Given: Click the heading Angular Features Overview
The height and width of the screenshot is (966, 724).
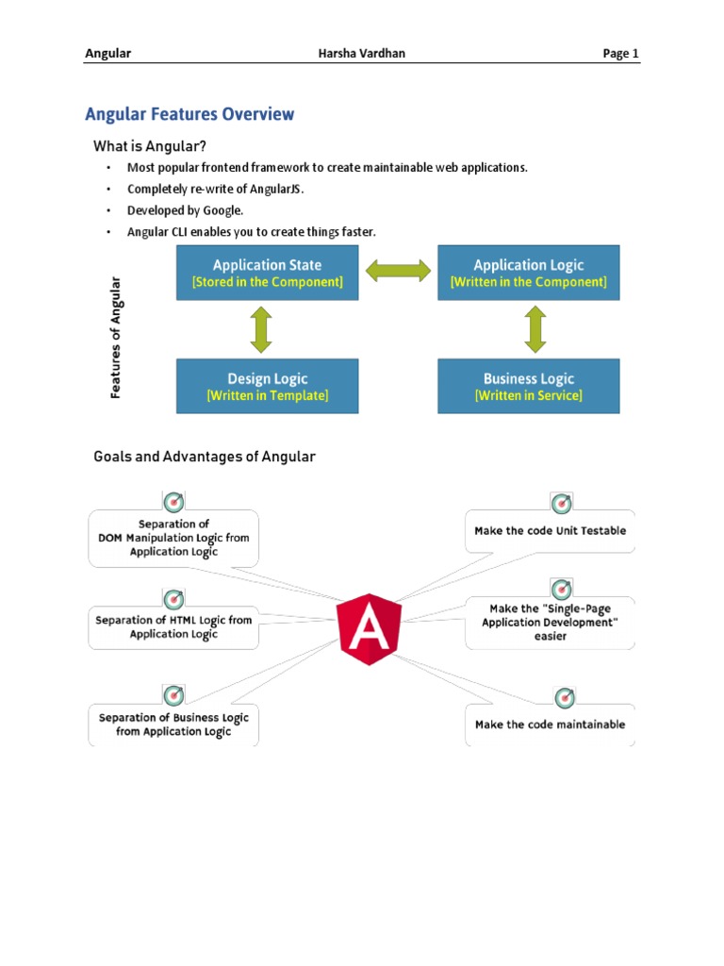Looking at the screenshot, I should point(189,115).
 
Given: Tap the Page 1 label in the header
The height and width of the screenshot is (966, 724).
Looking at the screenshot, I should point(621,54).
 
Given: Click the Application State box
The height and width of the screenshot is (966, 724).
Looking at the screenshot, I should point(268,273).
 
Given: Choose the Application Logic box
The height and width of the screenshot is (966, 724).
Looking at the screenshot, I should point(529,273).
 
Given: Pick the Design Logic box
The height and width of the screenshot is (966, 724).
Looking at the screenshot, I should point(268,386).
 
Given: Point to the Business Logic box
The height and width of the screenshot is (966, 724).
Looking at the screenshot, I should point(529,386).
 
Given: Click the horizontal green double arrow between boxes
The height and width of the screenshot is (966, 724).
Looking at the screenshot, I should point(398,272).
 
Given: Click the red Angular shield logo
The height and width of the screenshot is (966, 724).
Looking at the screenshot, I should point(370,626).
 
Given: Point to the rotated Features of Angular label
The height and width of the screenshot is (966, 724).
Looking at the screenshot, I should point(116,337).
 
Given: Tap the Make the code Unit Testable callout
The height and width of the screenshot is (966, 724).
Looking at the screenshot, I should point(550,531).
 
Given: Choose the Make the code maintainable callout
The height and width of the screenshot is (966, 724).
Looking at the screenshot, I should point(550,724).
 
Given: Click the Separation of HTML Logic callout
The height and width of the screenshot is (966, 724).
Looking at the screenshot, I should point(173,627).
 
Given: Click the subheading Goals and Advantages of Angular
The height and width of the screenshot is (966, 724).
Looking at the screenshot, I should point(204,457).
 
